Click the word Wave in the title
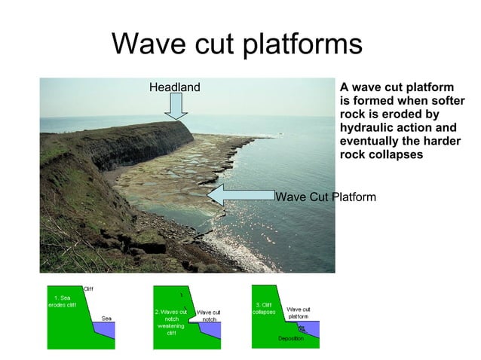(145, 44)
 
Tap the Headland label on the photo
(174, 87)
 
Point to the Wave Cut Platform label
(326, 197)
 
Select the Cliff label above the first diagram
(88, 288)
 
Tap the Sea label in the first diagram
(106, 318)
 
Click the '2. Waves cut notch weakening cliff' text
(171, 322)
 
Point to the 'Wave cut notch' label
(208, 316)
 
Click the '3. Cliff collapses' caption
(265, 307)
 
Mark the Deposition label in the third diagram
(290, 340)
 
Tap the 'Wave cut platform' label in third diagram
(299, 313)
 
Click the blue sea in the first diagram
(106, 329)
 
